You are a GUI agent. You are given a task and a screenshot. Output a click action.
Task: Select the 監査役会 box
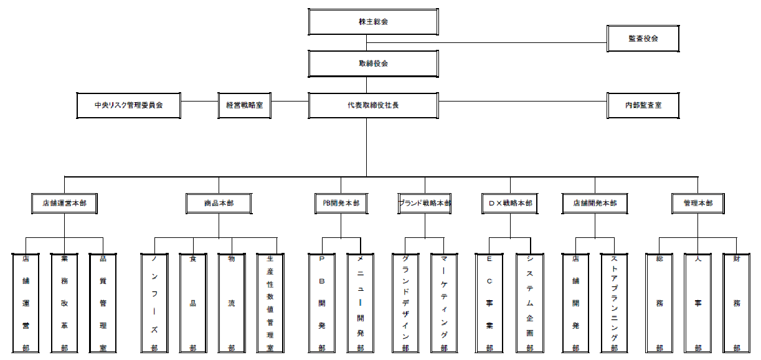point(643,39)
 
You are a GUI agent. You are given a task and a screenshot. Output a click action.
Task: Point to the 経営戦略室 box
point(244,105)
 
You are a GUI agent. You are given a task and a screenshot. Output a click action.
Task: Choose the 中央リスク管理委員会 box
point(128,105)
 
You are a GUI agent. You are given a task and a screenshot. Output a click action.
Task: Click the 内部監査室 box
point(643,105)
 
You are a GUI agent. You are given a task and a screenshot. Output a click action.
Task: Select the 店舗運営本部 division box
point(64,203)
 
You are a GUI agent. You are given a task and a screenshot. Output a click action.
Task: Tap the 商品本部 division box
point(219,203)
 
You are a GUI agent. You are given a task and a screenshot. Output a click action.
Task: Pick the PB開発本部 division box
point(341,203)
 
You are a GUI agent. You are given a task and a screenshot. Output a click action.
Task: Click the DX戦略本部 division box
point(510,203)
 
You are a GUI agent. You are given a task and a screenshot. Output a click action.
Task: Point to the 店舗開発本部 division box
point(595,203)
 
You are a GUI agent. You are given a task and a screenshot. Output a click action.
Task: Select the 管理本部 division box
point(697,203)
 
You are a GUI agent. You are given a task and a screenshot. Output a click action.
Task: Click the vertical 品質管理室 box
point(103,303)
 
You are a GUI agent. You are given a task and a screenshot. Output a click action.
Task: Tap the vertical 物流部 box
point(231,303)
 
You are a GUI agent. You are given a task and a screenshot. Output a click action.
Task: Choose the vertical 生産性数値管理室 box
point(270,303)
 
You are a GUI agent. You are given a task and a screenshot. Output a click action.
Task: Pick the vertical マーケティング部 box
point(444,303)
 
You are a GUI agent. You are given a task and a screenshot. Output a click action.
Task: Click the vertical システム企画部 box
point(529,303)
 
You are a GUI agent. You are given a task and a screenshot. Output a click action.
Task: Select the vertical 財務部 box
point(736,303)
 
